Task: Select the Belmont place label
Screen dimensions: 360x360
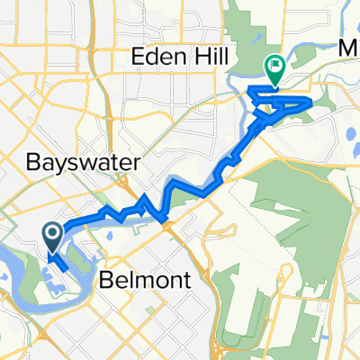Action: click(152, 280)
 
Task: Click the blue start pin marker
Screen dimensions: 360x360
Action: click(52, 237)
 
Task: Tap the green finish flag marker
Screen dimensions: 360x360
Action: click(274, 66)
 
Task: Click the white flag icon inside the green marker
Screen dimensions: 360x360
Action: click(274, 64)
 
